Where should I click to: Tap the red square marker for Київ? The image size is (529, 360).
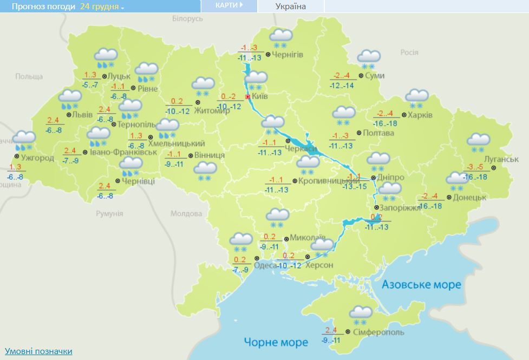pyautogui.click(x=248, y=97)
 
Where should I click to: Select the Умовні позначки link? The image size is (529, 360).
pyautogui.click(x=38, y=351)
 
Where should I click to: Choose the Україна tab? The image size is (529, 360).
pyautogui.click(x=291, y=6)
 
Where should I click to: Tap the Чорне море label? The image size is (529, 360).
pyautogui.click(x=276, y=342)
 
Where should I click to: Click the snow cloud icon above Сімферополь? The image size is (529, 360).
pyautogui.click(x=360, y=313)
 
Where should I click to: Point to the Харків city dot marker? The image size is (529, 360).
pyautogui.click(x=404, y=115)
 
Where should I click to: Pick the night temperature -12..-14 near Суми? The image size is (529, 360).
pyautogui.click(x=342, y=86)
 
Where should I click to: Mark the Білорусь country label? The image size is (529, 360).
pyautogui.click(x=187, y=18)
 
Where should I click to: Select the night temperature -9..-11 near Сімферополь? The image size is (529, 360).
pyautogui.click(x=331, y=340)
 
